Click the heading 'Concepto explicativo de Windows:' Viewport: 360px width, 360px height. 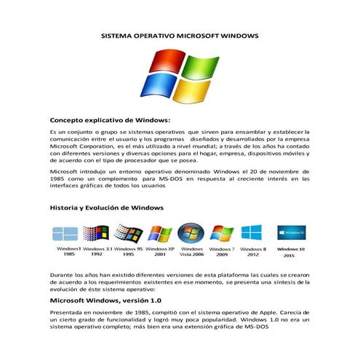coord(110,119)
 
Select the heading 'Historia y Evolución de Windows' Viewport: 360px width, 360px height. coord(107,207)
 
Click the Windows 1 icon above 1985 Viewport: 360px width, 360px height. coord(65,233)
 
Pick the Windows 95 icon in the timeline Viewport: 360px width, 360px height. coord(129,233)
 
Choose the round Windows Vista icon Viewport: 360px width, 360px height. coord(192,233)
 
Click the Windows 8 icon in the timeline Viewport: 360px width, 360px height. coord(252,233)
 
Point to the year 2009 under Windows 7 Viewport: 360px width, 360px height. coord(222,255)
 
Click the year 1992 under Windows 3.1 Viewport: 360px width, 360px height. coord(97,255)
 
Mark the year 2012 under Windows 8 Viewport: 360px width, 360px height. coord(253,255)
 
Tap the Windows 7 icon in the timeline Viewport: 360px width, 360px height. coord(221,233)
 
